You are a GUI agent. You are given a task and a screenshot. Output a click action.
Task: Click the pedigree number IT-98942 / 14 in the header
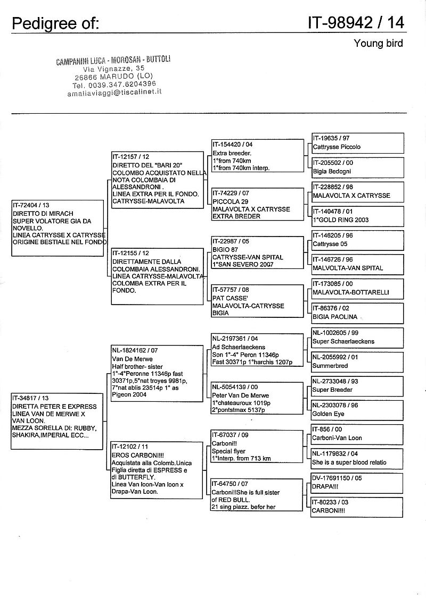point(355,22)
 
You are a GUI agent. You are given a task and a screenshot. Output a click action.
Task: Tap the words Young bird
point(378,44)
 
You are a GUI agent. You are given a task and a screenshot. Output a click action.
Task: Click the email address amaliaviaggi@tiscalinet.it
point(114,91)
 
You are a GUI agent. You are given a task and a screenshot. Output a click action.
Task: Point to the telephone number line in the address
point(114,84)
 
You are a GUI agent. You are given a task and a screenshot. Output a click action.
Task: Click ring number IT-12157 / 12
point(131,157)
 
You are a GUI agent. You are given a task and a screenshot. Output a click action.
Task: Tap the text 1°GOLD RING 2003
point(344,220)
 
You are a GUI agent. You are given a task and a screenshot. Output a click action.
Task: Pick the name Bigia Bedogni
point(332,172)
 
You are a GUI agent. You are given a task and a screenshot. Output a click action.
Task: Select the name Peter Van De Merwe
point(240,395)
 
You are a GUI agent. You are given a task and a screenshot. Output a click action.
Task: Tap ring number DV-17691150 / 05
point(344,478)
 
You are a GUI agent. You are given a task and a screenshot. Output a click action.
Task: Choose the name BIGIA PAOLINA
point(335,317)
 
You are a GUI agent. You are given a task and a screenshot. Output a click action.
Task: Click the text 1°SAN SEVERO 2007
point(242,264)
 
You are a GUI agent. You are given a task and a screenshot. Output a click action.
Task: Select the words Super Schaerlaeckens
point(343,341)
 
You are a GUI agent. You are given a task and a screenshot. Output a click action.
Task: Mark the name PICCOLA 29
point(231,202)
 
